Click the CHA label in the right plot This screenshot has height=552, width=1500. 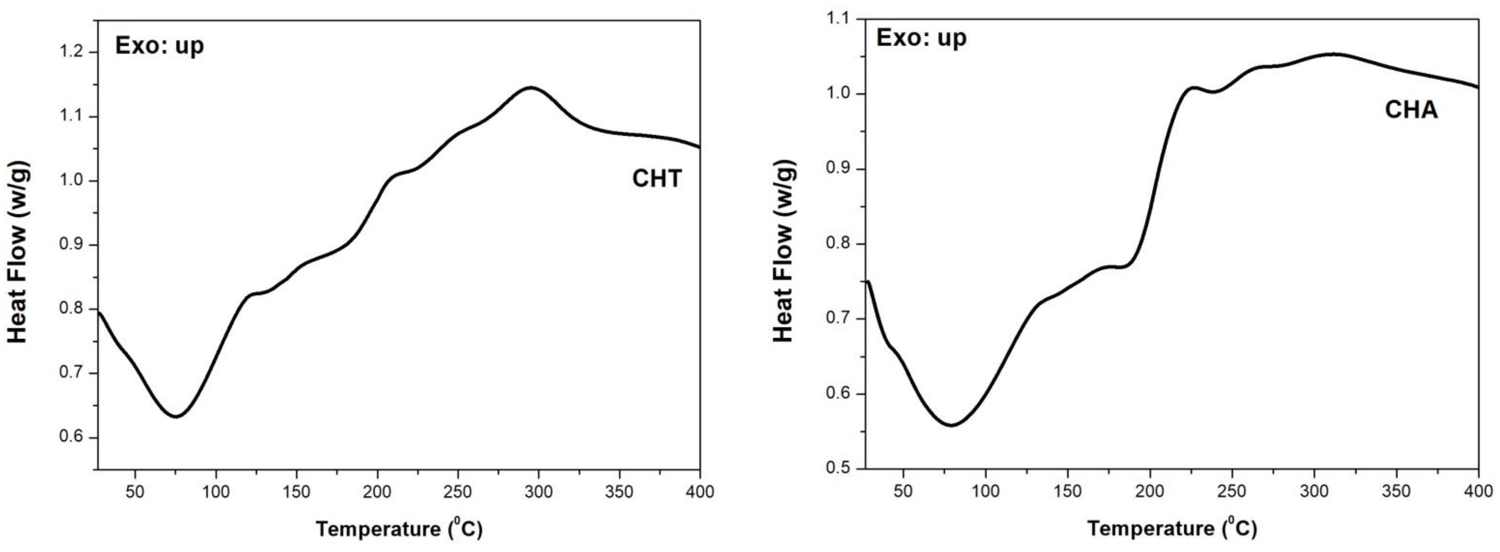[1411, 110]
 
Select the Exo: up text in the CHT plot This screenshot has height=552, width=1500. [159, 45]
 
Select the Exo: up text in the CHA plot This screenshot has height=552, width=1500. [921, 38]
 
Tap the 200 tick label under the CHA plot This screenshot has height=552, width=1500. [1150, 491]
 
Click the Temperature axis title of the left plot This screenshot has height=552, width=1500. [399, 529]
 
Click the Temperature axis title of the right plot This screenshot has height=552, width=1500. [1172, 528]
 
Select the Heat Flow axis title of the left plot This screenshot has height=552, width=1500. [17, 251]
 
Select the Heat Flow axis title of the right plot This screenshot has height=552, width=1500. [783, 251]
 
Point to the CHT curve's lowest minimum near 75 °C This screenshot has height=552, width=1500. [175, 416]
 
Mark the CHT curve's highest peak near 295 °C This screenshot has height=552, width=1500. [531, 87]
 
